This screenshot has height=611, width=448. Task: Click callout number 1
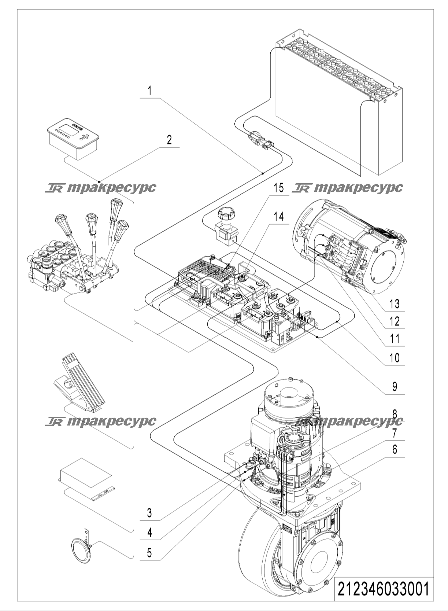coord(149,91)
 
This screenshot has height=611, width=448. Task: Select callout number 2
coord(169,140)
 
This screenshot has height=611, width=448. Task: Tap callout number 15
coord(279,188)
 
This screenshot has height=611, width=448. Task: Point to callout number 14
coord(279,217)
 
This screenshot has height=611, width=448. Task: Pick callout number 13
coord(394,304)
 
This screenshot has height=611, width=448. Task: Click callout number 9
coord(395,387)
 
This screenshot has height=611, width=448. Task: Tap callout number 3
coord(149,513)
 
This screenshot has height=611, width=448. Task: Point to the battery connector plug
coord(260,139)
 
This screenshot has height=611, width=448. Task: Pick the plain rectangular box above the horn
coord(86,479)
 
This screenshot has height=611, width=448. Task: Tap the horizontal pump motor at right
coord(349,246)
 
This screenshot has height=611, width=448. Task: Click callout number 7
coord(395,433)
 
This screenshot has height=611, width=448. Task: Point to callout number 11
coord(394,339)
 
